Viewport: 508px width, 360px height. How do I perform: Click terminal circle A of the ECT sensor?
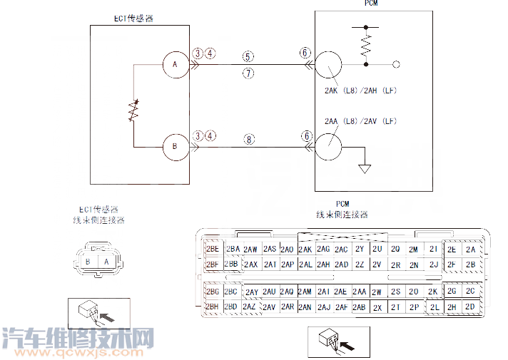tap(174, 65)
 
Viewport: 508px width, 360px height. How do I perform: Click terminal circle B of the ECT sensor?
tap(174, 147)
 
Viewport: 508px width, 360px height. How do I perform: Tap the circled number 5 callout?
tap(248, 56)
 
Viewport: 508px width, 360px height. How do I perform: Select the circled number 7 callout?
tap(248, 73)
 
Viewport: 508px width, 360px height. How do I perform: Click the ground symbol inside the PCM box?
tap(365, 170)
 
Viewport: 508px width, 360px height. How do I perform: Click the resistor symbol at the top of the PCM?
tap(366, 46)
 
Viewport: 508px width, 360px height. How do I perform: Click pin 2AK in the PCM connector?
tap(305, 250)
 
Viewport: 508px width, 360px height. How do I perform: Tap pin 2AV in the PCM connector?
tap(268, 307)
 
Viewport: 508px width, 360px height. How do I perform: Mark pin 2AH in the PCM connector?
tap(323, 264)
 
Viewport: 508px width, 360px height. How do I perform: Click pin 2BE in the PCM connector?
tap(212, 250)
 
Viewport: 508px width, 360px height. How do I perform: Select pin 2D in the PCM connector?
tap(469, 307)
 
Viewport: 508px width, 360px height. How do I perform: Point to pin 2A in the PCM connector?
tap(469, 250)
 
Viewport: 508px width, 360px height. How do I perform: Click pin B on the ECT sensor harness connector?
tap(87, 262)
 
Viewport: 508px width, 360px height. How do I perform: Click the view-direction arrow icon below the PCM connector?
tap(339, 343)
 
